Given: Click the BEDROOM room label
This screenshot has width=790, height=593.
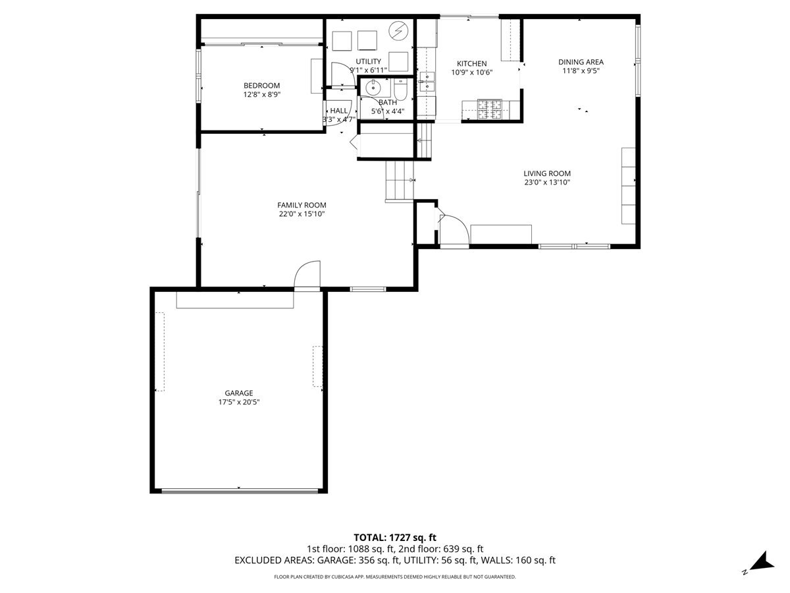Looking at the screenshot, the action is pos(261,86).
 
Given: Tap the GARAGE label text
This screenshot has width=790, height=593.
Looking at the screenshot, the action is pos(238,393).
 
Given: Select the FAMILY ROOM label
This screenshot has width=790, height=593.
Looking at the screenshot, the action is pos(302,205).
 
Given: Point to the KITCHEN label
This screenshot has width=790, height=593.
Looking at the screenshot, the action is pos(471,63).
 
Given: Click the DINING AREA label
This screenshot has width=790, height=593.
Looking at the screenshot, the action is pos(581,62).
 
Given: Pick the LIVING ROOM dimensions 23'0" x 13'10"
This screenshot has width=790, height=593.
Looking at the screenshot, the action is pos(547,183).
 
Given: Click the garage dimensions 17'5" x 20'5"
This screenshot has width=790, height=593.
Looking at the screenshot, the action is pos(238,402).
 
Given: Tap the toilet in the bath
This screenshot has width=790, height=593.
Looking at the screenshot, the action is pos(400,90).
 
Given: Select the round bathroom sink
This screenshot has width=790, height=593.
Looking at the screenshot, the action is pos(373,86).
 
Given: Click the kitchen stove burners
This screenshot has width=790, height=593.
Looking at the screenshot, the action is pos(490,109).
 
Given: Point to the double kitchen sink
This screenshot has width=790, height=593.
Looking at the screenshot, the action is pos(427,82).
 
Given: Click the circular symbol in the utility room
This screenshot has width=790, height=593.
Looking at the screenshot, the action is pos(398,30).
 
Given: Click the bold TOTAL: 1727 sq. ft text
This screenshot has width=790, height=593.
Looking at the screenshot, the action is pos(395,538).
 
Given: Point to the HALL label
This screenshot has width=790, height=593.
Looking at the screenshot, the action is pos(338,111).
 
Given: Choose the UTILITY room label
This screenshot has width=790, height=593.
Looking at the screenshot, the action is pos(368,61).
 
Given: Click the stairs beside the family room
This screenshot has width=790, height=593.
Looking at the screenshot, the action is pos(400,180).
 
